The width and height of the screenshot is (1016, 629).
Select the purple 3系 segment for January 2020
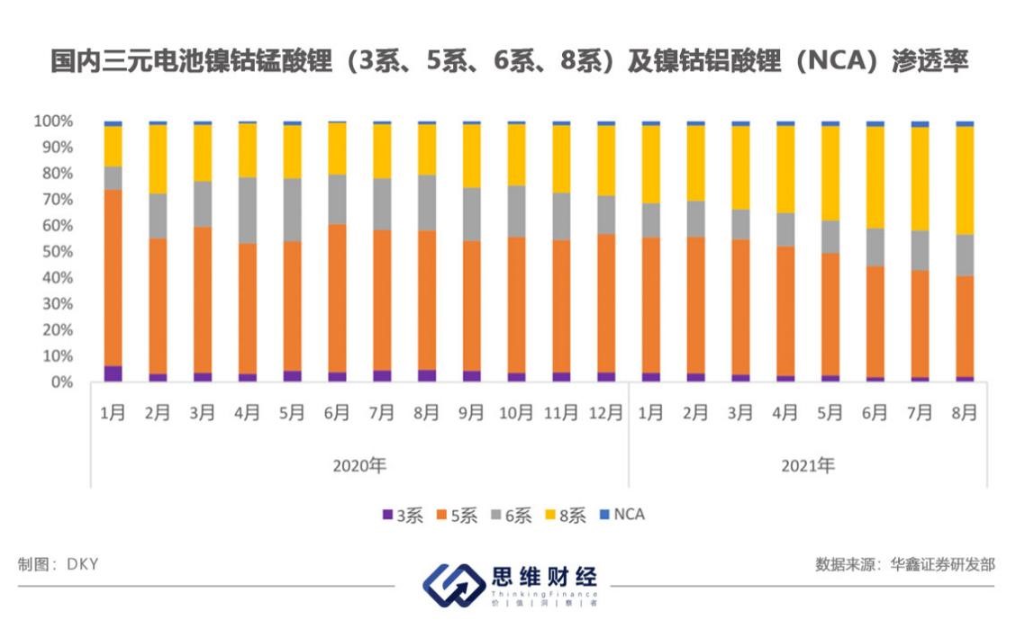point(113,373)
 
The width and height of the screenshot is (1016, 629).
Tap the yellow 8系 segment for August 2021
point(965,180)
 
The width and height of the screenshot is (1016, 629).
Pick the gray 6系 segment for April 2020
point(247,210)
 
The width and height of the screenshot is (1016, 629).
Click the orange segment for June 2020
point(337,298)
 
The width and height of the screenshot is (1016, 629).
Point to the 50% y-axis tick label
point(56,252)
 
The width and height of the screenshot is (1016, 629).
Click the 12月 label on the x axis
point(606,413)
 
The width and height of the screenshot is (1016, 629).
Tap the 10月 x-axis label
point(516,413)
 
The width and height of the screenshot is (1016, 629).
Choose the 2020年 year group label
point(359,466)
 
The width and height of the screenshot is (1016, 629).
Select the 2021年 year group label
point(807,466)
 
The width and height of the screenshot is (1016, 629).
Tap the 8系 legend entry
point(566,516)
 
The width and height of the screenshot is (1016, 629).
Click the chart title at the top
point(508,61)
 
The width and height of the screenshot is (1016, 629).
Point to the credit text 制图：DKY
point(58,564)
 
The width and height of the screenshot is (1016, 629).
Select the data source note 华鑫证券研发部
point(905,564)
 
